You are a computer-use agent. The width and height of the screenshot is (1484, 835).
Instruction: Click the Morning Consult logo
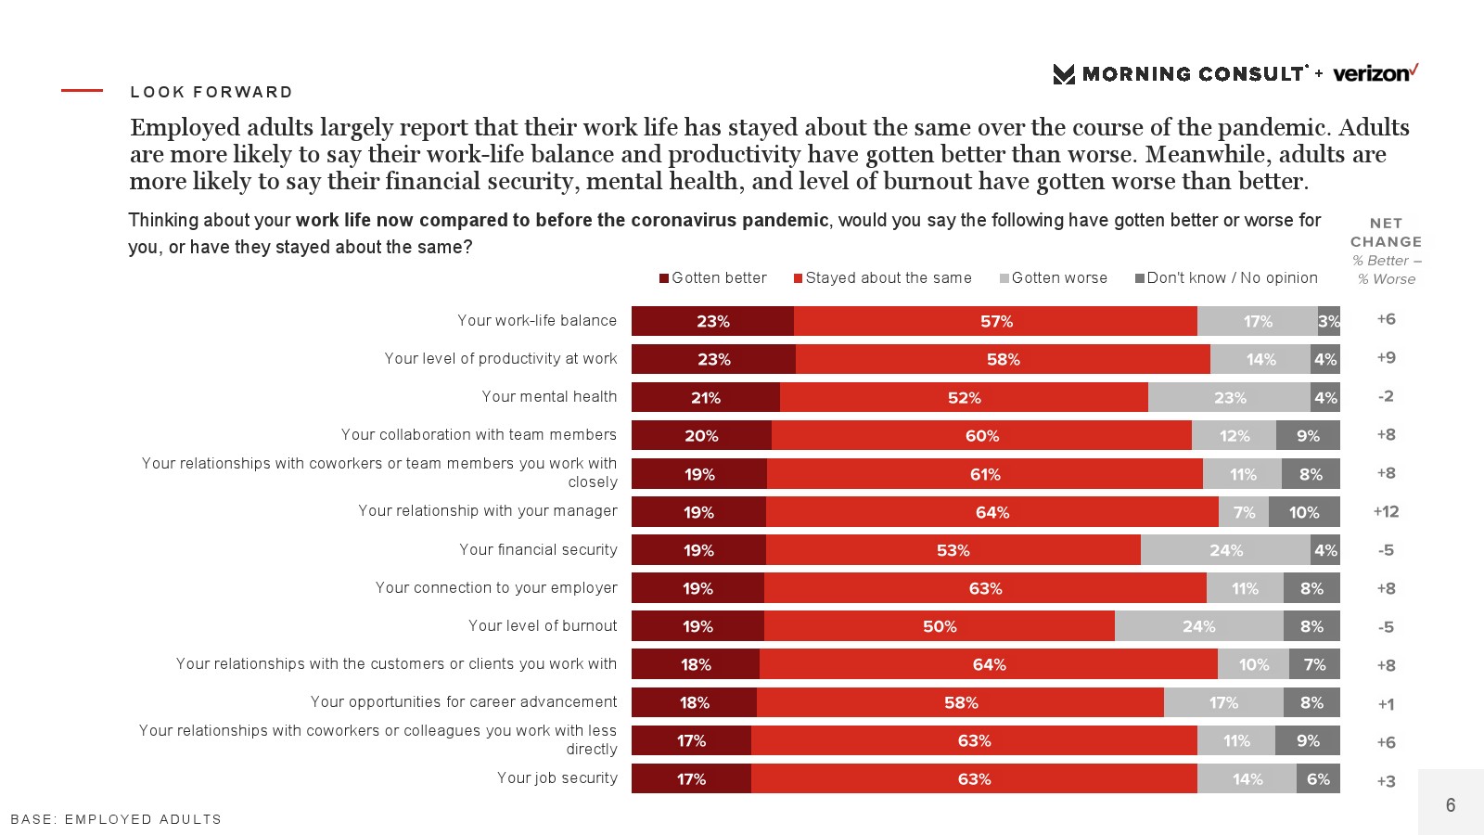tap(1180, 74)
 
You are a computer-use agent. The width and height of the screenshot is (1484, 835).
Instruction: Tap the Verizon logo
tap(1375, 73)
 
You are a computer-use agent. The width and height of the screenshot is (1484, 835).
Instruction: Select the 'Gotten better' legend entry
tap(713, 277)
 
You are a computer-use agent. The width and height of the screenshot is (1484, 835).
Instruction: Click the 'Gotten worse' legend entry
tap(1054, 277)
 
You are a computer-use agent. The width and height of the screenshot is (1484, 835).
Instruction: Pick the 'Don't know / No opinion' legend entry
tap(1226, 277)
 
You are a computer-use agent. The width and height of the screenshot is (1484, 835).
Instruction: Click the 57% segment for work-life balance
tap(996, 321)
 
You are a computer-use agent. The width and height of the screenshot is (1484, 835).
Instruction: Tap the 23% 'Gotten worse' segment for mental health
tap(1229, 397)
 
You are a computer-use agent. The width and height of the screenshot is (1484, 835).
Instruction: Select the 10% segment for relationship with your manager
tap(1304, 512)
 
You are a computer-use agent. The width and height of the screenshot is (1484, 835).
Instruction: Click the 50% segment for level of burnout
tap(940, 626)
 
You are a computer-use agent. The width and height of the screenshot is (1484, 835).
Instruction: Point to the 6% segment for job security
tap(1318, 778)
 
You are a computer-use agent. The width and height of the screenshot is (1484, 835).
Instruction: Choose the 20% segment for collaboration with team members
tap(701, 435)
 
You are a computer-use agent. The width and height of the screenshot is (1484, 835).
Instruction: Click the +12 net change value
tap(1386, 511)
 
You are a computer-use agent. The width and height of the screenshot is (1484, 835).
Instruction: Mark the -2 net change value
tap(1386, 396)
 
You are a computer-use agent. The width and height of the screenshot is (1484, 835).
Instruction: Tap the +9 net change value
tap(1386, 357)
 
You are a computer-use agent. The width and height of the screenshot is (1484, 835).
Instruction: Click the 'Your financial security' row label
tap(538, 549)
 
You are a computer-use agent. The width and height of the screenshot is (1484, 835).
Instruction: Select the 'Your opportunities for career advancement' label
tap(464, 701)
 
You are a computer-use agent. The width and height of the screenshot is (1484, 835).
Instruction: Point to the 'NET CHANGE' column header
tap(1386, 232)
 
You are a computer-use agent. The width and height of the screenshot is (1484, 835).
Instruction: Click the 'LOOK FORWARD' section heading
tap(211, 92)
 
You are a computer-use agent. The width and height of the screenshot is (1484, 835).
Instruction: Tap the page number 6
tap(1451, 804)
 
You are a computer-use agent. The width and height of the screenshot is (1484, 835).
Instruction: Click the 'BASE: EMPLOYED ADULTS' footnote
tap(116, 819)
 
